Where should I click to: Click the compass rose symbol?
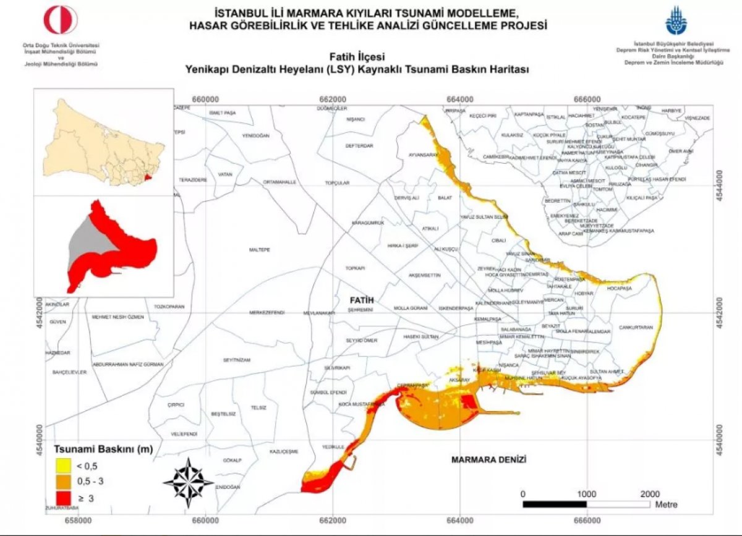(188, 481)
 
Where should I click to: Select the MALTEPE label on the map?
(260, 250)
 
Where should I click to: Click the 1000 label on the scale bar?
(586, 494)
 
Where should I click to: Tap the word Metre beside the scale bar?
(666, 504)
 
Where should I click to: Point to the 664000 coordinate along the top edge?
(459, 99)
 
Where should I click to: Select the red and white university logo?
(60, 20)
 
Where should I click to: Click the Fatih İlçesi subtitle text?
(357, 57)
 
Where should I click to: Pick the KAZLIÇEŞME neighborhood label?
(284, 452)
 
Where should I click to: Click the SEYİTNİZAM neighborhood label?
(237, 360)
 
